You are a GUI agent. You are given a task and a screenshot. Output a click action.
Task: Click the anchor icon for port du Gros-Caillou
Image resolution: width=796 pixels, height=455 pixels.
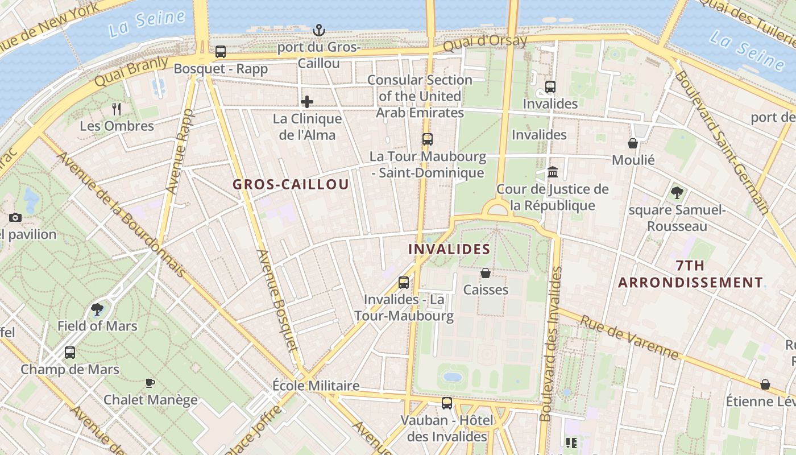click(319, 30)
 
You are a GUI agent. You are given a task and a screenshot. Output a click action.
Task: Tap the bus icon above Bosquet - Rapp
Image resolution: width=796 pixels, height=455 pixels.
click(221, 52)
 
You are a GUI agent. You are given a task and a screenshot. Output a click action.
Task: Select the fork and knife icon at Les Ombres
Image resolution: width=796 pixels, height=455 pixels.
click(117, 109)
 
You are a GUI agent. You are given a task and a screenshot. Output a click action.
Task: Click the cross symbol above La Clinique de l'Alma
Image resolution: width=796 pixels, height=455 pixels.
click(307, 102)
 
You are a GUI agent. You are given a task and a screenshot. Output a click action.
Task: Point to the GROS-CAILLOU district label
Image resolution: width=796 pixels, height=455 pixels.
click(291, 185)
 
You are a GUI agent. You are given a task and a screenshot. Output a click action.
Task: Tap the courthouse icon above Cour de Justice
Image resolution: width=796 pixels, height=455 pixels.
click(552, 172)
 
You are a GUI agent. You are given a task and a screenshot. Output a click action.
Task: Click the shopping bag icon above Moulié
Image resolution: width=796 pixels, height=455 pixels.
click(633, 143)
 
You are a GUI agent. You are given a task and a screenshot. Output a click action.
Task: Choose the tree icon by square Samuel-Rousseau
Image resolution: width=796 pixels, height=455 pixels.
click(677, 193)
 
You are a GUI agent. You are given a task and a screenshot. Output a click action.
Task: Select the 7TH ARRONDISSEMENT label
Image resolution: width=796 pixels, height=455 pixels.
click(690, 274)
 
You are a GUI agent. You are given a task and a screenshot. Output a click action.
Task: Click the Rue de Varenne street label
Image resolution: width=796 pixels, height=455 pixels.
click(629, 338)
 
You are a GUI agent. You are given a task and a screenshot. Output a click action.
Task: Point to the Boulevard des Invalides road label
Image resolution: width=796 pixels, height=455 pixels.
click(550, 344)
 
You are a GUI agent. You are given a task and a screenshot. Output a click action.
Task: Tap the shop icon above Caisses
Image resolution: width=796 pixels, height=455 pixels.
click(486, 273)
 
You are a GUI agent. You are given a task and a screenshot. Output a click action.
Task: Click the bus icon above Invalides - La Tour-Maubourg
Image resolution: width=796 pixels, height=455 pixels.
click(404, 282)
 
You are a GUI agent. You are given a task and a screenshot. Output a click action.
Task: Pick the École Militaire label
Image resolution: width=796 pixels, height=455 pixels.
click(316, 386)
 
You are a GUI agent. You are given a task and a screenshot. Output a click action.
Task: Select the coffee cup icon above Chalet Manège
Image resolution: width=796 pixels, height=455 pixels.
click(150, 383)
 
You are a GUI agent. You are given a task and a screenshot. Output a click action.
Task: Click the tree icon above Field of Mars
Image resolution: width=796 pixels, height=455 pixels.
click(97, 309)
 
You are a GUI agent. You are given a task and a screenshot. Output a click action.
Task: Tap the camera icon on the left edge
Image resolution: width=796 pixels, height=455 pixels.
click(15, 217)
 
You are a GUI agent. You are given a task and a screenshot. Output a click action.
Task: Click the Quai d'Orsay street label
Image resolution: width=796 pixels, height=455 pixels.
click(484, 43)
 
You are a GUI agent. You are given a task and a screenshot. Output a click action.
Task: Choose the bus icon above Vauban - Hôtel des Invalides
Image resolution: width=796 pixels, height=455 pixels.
click(447, 403)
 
